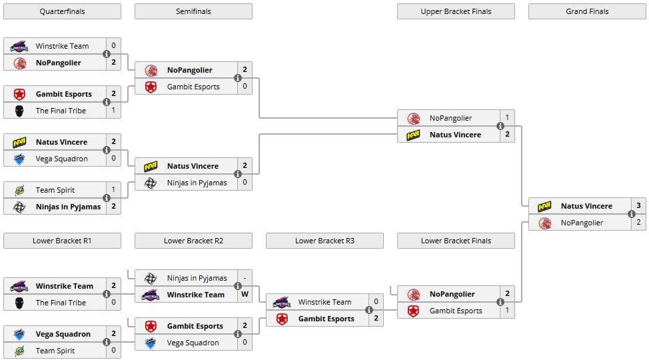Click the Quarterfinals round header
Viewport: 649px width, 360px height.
(62, 11)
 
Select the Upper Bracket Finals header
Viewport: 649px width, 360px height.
(456, 11)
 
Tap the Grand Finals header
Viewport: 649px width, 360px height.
(587, 11)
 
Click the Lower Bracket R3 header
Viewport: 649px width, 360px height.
(324, 241)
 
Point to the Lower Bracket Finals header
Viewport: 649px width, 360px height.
(456, 241)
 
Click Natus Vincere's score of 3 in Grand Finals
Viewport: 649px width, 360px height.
(638, 206)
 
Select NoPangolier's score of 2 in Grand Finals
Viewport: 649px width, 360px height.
(638, 223)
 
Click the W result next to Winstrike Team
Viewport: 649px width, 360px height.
(245, 295)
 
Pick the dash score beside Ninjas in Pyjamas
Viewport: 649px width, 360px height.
(245, 278)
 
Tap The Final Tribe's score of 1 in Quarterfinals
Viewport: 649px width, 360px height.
(113, 111)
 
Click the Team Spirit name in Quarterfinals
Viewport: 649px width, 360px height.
(55, 190)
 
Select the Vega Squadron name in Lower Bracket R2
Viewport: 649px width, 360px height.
(193, 343)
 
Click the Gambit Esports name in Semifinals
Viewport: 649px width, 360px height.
(193, 87)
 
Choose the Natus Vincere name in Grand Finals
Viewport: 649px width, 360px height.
(586, 206)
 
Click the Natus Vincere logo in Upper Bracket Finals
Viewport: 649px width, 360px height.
(414, 135)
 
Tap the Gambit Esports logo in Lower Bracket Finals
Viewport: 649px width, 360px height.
(414, 311)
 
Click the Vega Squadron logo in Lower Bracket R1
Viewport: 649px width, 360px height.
(20, 334)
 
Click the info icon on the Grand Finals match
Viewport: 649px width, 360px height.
(631, 214)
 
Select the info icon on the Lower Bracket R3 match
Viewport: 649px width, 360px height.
(368, 310)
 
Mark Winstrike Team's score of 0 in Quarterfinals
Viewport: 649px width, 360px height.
(113, 46)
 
